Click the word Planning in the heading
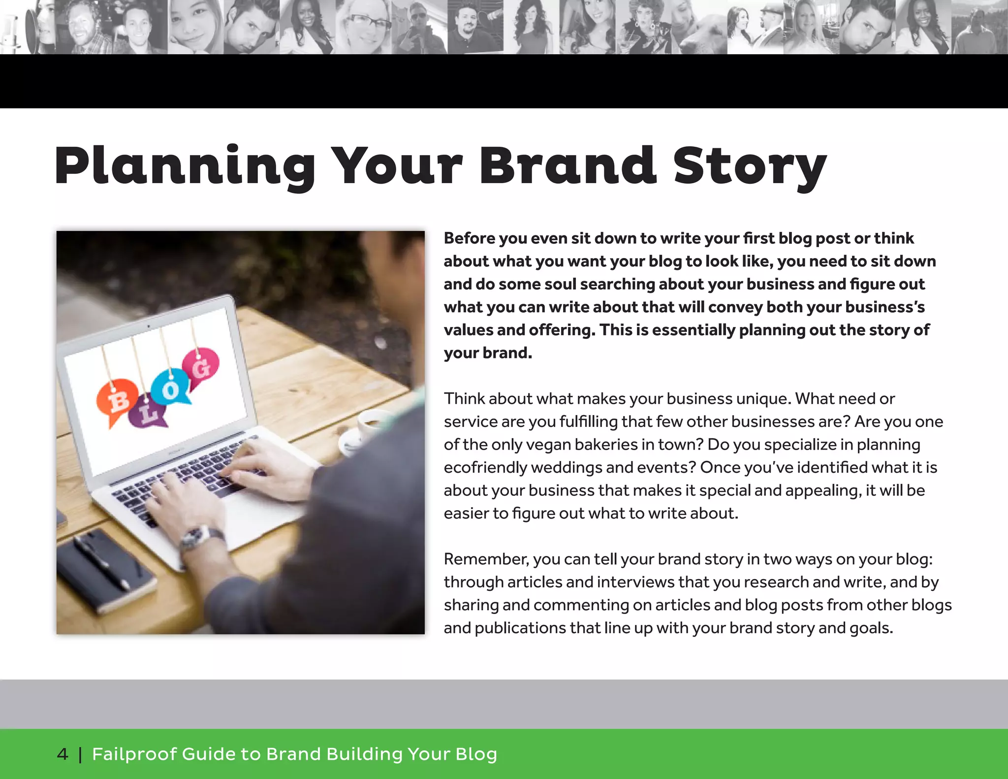point(185,166)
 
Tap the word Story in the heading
point(750,166)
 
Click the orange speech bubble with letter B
point(117,400)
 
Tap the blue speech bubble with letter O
point(170,389)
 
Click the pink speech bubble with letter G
point(201,367)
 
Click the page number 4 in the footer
point(63,754)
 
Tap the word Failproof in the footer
point(134,754)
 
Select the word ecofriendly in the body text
point(485,467)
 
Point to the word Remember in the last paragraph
point(486,559)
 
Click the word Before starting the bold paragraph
point(469,238)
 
